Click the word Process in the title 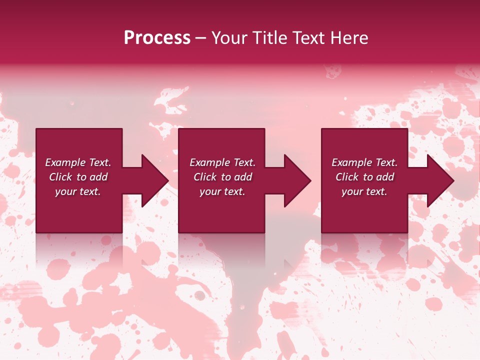(157, 38)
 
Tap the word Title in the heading (269, 38)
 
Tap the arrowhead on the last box (439, 180)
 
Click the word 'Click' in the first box (60, 177)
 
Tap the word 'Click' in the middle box (205, 177)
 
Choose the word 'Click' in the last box (347, 177)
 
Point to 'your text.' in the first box (78, 191)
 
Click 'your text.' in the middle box (222, 191)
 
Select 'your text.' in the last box (364, 191)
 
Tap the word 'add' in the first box (98, 177)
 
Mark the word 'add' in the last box (385, 177)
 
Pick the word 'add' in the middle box (243, 177)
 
